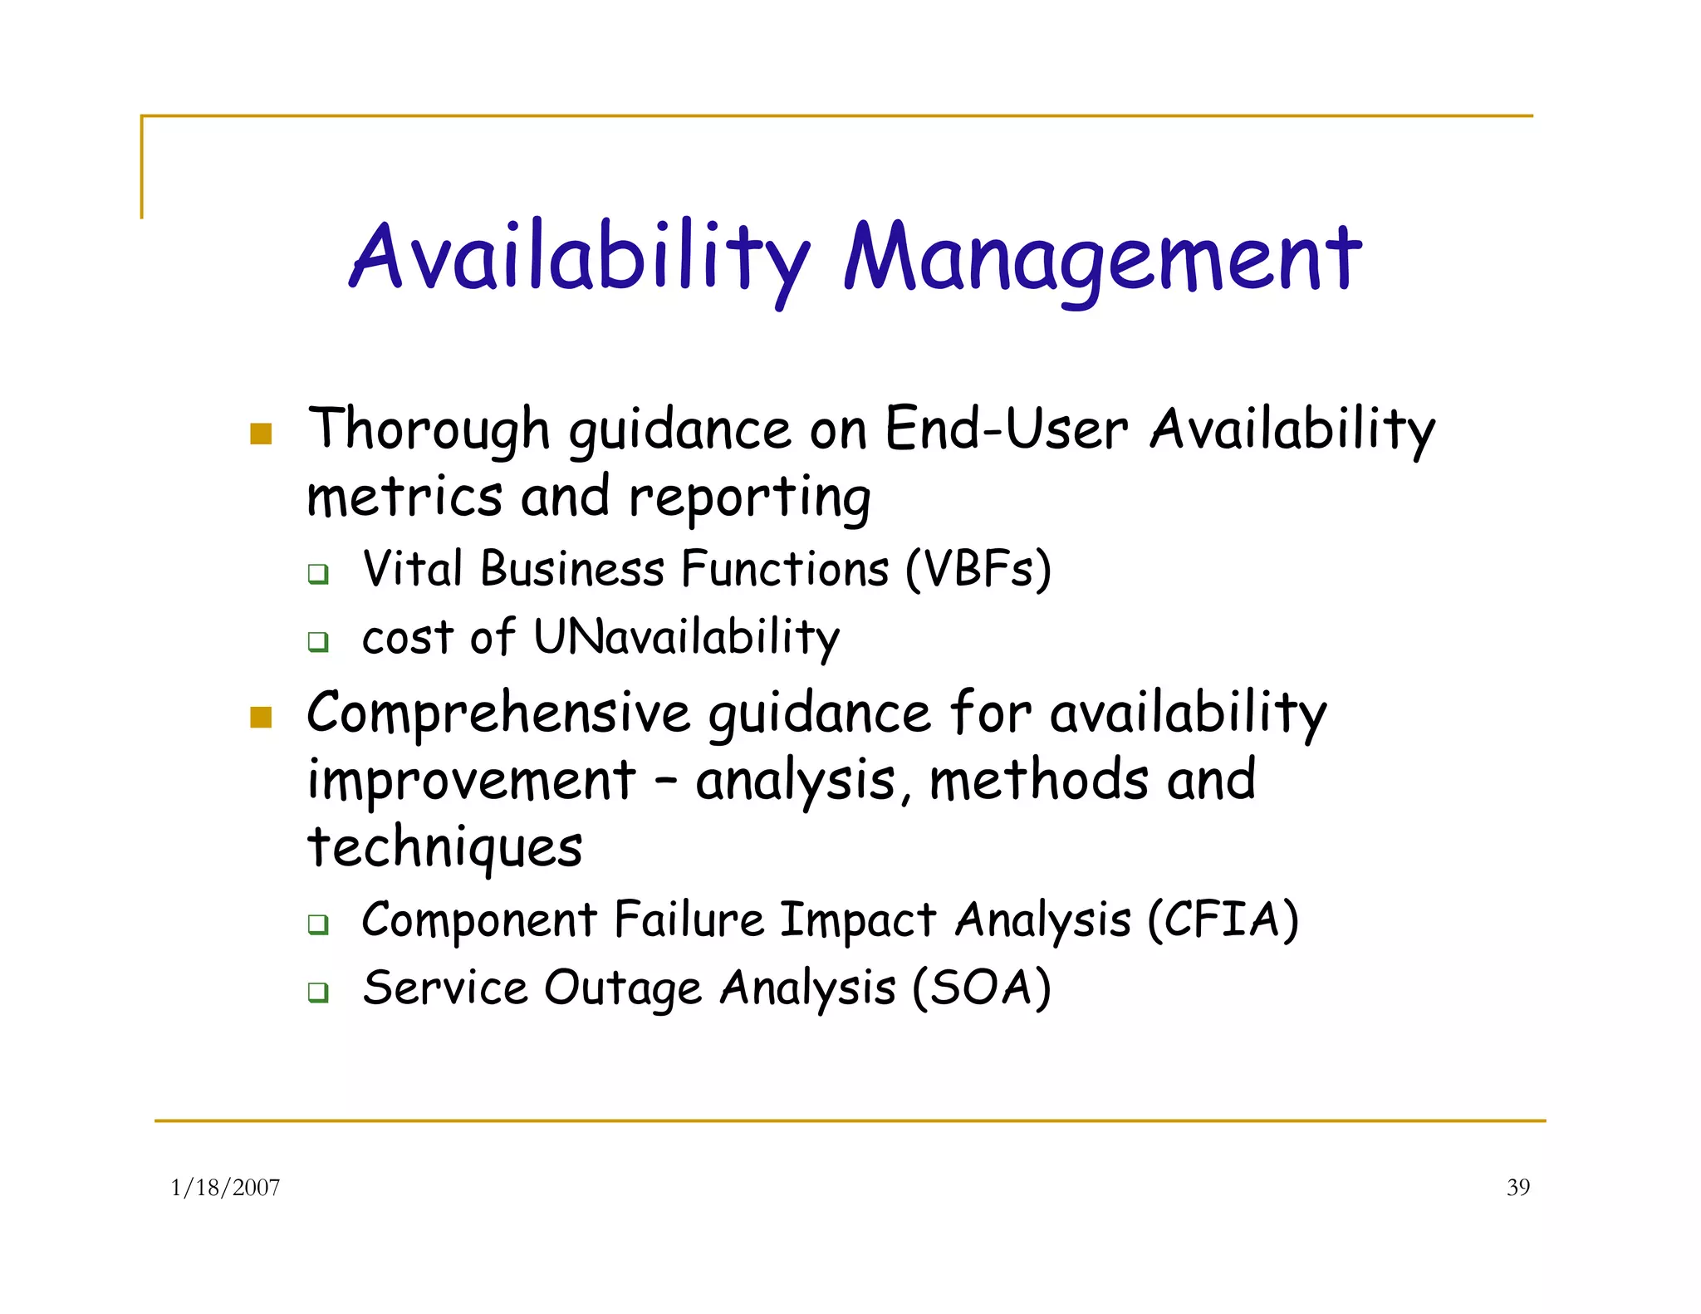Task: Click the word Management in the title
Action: pyautogui.click(x=1101, y=259)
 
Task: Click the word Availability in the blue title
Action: pyautogui.click(x=579, y=259)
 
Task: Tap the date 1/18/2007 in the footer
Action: pyautogui.click(x=225, y=1188)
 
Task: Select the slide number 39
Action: pyautogui.click(x=1517, y=1188)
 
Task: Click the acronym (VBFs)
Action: pyautogui.click(x=978, y=571)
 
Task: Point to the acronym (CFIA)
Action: pyautogui.click(x=1223, y=920)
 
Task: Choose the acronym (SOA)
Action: pyautogui.click(x=981, y=988)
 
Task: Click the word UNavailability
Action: pyautogui.click(x=686, y=638)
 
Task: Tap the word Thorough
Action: pyautogui.click(x=429, y=430)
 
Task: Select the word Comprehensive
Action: pyautogui.click(x=498, y=713)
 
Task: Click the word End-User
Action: pyautogui.click(x=1006, y=430)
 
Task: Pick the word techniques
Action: pyautogui.click(x=444, y=848)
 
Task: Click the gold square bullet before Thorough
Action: pyautogui.click(x=261, y=434)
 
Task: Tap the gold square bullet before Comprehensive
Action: pyautogui.click(x=261, y=717)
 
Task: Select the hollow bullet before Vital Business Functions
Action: pyautogui.click(x=318, y=573)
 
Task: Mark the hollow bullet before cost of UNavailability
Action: pyautogui.click(x=318, y=641)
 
